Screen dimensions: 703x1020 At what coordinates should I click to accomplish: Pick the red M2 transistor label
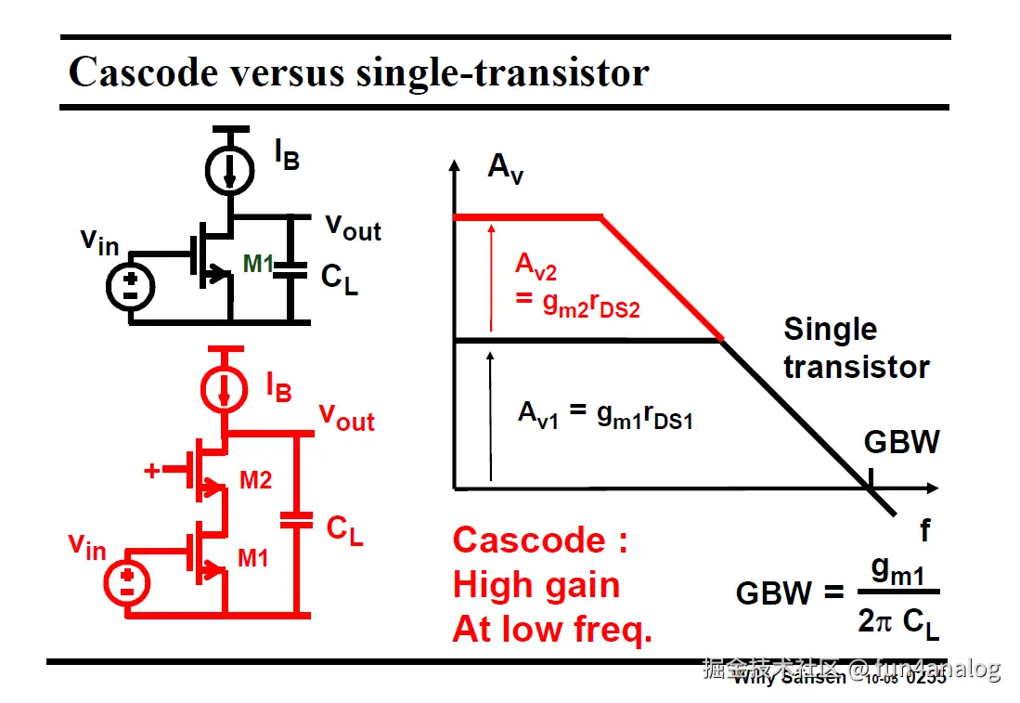(255, 480)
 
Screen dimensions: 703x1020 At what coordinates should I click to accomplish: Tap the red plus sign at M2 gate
(152, 471)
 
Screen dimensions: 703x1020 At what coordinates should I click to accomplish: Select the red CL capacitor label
(344, 529)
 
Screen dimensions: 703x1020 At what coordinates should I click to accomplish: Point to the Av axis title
(505, 168)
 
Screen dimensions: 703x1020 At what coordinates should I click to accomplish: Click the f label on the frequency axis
(924, 530)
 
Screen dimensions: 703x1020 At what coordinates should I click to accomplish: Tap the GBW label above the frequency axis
(901, 442)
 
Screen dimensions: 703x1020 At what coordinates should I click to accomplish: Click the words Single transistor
(856, 348)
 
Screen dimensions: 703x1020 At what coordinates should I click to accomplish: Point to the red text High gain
(536, 585)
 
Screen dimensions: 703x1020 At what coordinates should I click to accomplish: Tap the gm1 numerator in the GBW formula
(897, 572)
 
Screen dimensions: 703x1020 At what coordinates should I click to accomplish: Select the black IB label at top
(286, 156)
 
